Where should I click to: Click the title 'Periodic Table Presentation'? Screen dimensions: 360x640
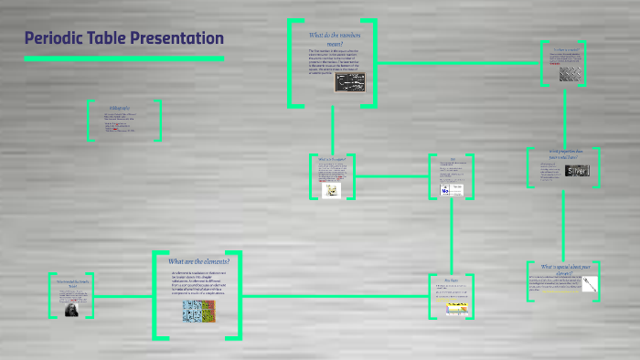(123, 38)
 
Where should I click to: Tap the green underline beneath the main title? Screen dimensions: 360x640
(123, 58)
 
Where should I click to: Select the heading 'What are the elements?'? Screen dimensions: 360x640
(198, 260)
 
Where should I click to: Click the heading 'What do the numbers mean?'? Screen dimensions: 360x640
(331, 39)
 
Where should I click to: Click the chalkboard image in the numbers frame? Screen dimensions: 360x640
(352, 84)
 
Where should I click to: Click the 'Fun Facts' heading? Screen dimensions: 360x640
(452, 281)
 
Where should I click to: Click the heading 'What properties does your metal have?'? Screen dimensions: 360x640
(563, 154)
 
